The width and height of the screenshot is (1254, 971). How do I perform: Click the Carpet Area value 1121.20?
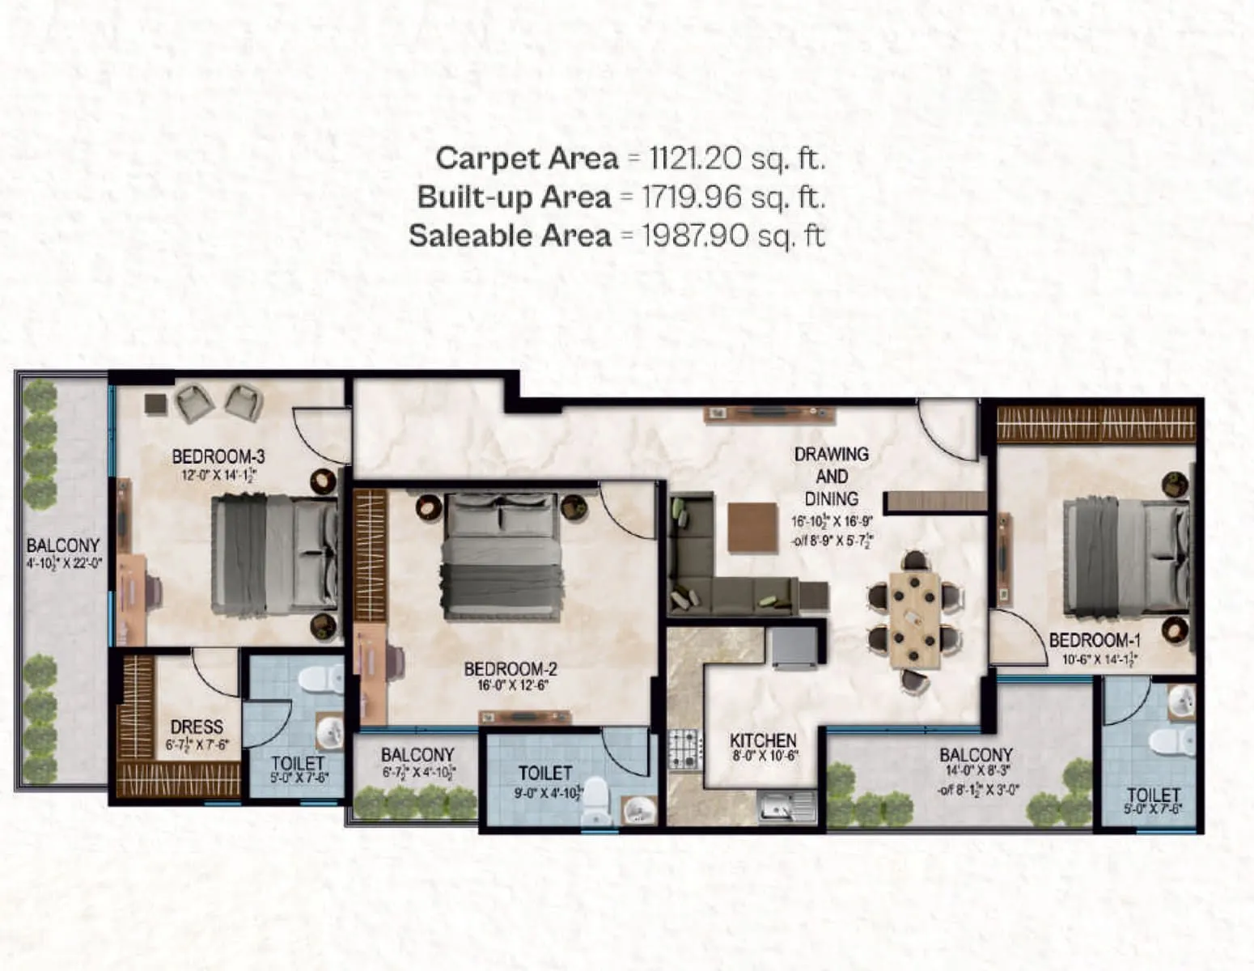coord(695,159)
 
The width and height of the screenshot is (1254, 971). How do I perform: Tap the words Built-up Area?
coord(514,197)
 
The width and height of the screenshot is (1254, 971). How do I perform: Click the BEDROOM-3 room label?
coord(218,457)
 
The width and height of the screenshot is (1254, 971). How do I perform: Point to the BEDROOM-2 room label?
coord(510,669)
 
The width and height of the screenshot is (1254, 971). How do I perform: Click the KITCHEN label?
coord(763,740)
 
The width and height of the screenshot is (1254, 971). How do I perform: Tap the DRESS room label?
coord(197,727)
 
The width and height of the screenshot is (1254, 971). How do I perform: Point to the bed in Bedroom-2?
coord(502,558)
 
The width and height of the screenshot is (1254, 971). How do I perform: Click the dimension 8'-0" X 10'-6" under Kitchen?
coord(764,757)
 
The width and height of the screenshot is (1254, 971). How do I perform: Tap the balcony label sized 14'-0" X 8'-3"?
coord(976,755)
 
